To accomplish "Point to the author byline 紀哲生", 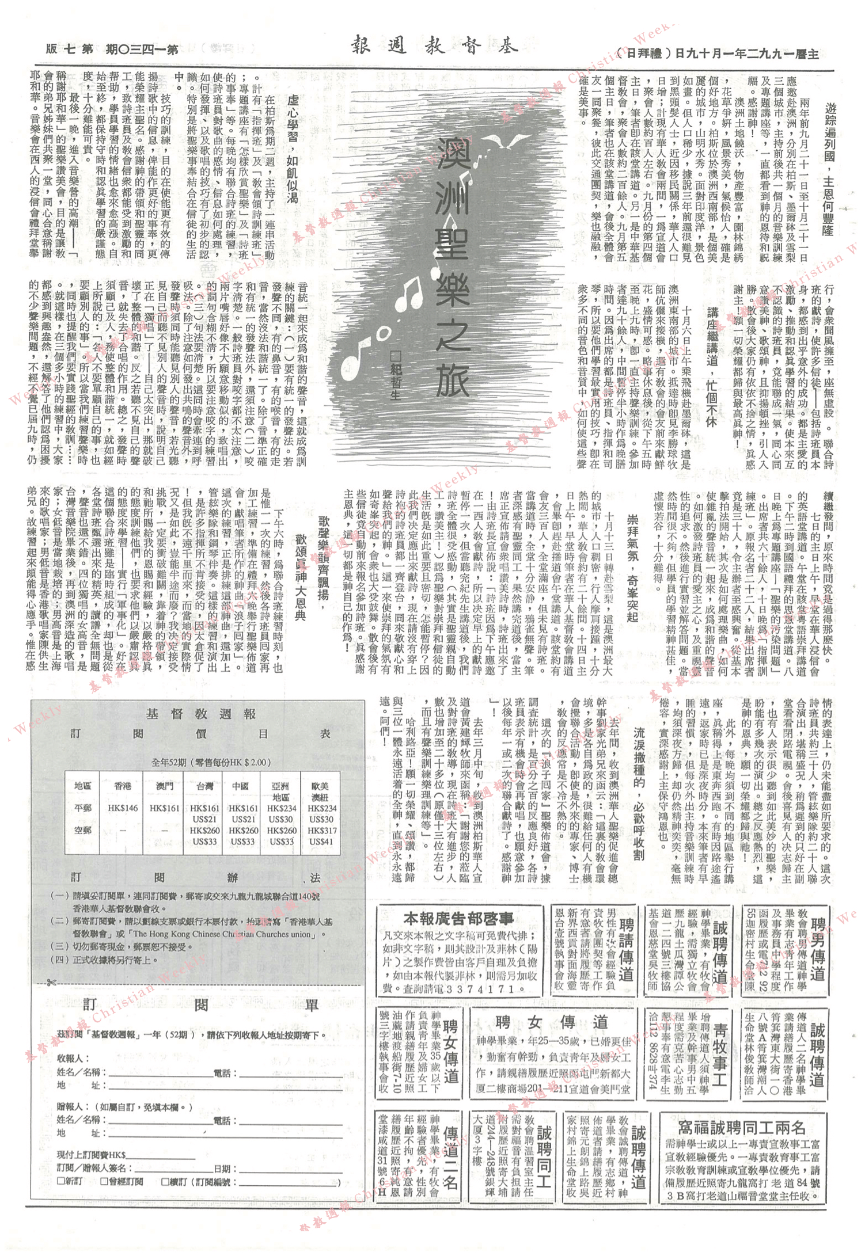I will pyautogui.click(x=395, y=375).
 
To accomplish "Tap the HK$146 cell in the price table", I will pyautogui.click(x=123, y=808).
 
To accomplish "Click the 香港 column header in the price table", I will pyautogui.click(x=123, y=786).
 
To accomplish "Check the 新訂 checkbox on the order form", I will pyautogui.click(x=61, y=1182).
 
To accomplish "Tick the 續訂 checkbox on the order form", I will pyautogui.click(x=165, y=1182).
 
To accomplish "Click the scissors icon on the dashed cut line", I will pyautogui.click(x=53, y=983).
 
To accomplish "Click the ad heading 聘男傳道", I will pyautogui.click(x=818, y=950).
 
